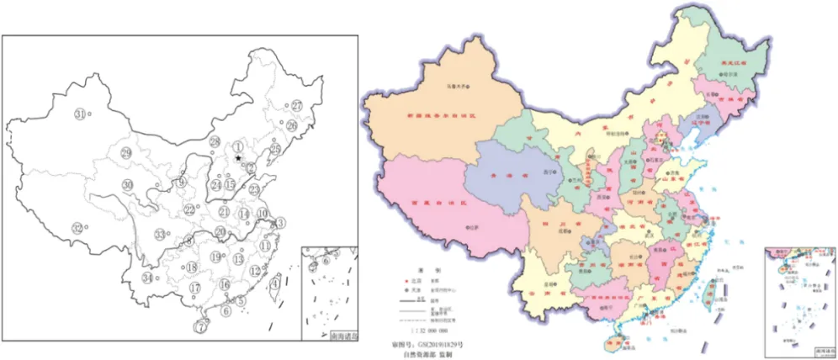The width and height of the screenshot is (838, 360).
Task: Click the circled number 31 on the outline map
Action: [x=81, y=114]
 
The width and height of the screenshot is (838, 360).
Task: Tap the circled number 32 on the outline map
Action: [x=78, y=228]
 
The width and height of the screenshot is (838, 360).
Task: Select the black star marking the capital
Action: [x=239, y=157]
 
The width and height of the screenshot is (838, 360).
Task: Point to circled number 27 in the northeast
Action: [x=297, y=106]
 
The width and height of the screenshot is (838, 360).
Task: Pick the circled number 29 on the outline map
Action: [x=126, y=152]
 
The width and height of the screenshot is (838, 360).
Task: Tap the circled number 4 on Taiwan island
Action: [x=275, y=284]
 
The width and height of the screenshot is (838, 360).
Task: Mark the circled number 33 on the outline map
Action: [x=160, y=234]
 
